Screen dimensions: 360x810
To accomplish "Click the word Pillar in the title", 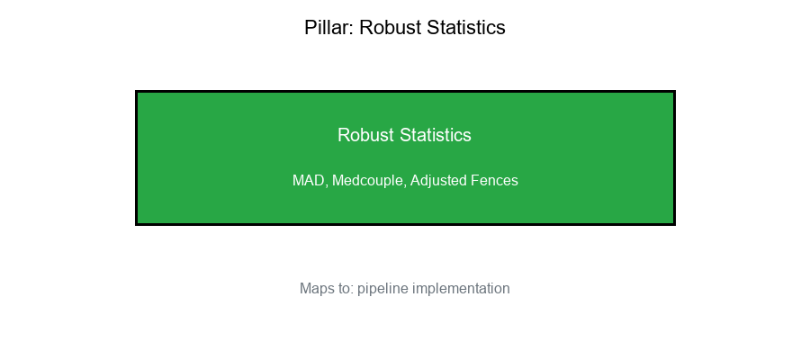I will [x=328, y=28].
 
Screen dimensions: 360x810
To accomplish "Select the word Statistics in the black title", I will [x=465, y=28].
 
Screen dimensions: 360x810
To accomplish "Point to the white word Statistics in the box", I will [x=436, y=135].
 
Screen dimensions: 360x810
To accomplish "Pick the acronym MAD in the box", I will [x=309, y=181].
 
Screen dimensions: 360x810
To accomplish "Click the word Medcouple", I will [x=368, y=181].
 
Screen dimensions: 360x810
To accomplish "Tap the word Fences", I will [x=494, y=181].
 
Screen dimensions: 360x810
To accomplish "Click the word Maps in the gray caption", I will [x=316, y=289].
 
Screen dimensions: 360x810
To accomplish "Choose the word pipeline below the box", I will [x=382, y=289].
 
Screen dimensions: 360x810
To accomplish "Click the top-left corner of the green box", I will [x=136, y=91].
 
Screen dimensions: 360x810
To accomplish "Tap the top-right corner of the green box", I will [x=674, y=91].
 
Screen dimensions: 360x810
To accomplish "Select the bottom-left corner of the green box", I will [x=136, y=223].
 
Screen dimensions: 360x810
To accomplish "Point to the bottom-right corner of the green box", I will [x=674, y=223].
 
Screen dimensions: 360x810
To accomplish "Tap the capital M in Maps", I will [x=305, y=289].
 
